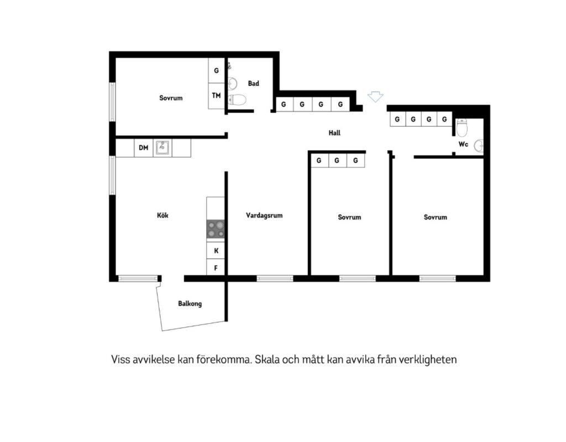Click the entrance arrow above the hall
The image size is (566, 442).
[375, 97]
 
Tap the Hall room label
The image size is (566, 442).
[334, 133]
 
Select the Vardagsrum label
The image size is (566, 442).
[264, 215]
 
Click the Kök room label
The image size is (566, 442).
[163, 215]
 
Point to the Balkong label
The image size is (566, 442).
[190, 303]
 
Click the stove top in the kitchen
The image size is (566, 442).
[216, 229]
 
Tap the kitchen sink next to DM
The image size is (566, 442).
[163, 148]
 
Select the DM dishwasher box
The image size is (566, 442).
[143, 148]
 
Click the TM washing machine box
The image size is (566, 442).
[216, 96]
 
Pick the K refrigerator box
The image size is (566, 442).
[216, 250]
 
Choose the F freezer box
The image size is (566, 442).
[216, 268]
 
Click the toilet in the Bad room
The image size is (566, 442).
[237, 99]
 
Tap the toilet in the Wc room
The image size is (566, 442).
[462, 128]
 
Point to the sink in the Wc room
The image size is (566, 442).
[479, 145]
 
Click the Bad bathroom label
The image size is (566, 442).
[253, 83]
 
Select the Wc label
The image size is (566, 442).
[464, 144]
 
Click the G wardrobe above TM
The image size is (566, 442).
[216, 70]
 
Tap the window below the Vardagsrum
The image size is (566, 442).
[275, 278]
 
